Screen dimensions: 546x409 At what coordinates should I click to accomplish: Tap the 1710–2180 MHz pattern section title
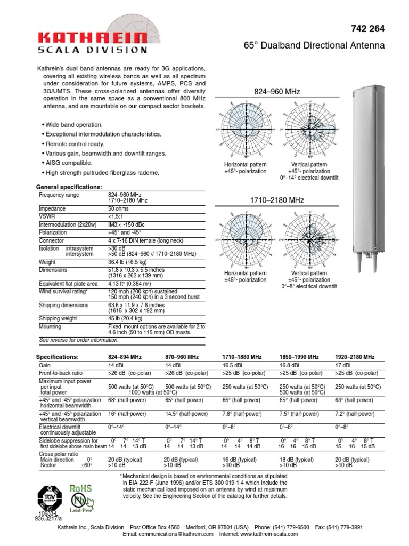pos(277,200)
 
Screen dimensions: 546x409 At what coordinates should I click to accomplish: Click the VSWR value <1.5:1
pos(116,217)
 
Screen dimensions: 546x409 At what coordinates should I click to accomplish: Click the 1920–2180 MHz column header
pos(355,357)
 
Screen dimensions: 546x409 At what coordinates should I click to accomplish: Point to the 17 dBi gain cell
pos(343,366)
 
